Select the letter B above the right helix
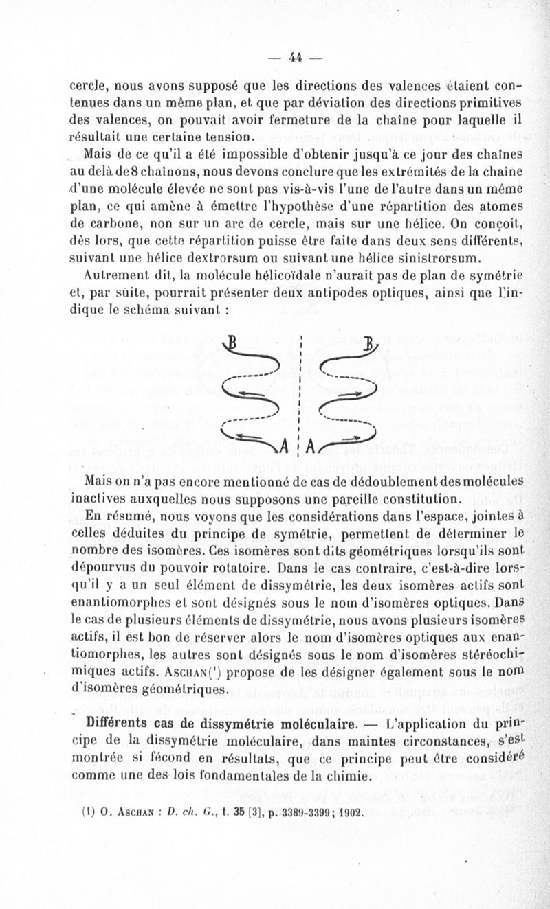(370, 342)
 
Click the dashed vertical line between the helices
(300, 391)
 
